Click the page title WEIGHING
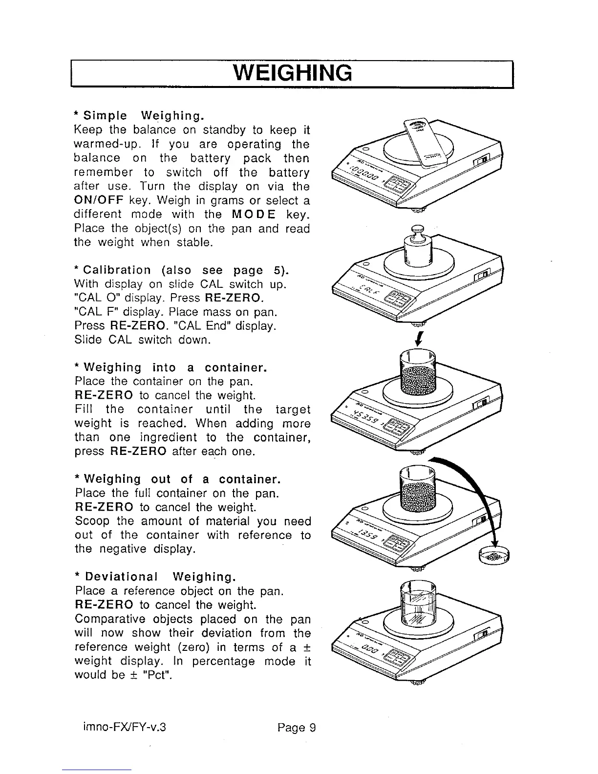click(x=293, y=73)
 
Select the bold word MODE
click(x=254, y=215)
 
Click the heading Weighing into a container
click(x=174, y=367)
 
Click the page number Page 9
click(x=297, y=728)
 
